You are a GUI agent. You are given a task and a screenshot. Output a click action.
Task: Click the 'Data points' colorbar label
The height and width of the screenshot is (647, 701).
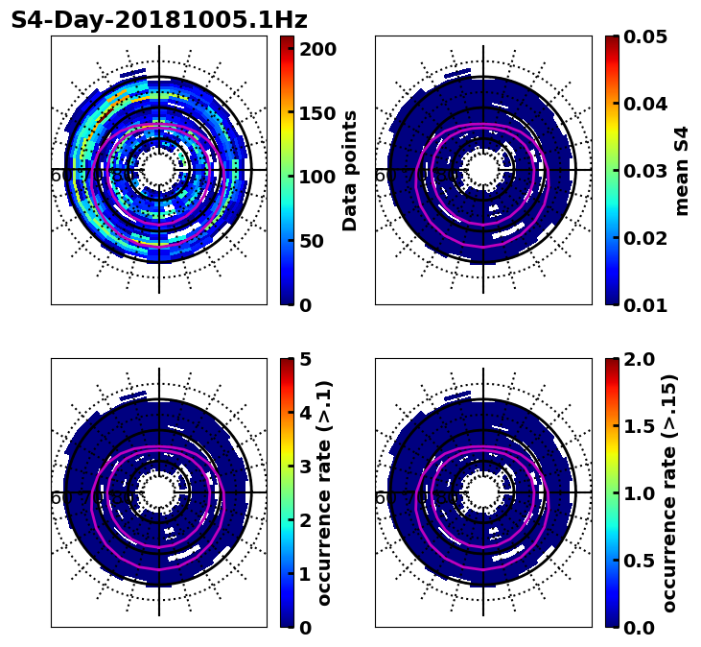(350, 170)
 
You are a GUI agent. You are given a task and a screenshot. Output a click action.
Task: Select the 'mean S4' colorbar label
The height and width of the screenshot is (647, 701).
(682, 170)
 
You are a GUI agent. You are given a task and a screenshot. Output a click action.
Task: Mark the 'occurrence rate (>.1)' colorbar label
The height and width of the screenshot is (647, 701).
(325, 492)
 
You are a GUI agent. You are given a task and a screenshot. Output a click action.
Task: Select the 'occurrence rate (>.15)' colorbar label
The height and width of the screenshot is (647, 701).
(668, 492)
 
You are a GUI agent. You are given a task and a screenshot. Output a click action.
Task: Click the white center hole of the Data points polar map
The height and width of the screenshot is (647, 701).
(159, 170)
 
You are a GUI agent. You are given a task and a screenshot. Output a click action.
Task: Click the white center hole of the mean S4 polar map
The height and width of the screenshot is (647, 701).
(483, 170)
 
